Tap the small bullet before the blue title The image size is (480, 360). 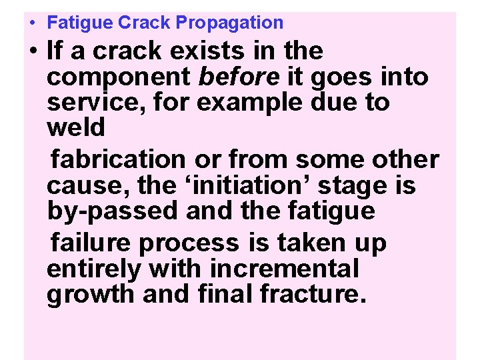32,22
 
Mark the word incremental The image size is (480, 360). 285,269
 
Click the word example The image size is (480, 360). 253,103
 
